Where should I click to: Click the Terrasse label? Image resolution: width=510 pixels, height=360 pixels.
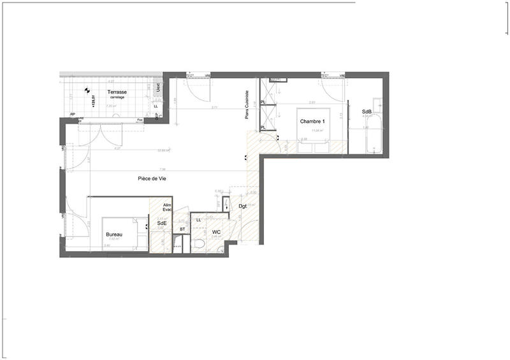(117, 92)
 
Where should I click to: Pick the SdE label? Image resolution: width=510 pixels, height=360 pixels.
(162, 224)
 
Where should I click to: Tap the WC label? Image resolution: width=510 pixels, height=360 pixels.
(216, 232)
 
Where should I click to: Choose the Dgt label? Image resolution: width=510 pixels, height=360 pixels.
(243, 206)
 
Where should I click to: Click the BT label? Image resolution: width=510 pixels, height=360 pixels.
(182, 229)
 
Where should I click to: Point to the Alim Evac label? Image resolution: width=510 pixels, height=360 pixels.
(168, 208)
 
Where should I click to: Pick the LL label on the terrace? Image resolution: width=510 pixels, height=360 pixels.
(156, 107)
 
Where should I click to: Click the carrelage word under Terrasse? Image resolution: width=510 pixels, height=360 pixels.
(117, 97)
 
